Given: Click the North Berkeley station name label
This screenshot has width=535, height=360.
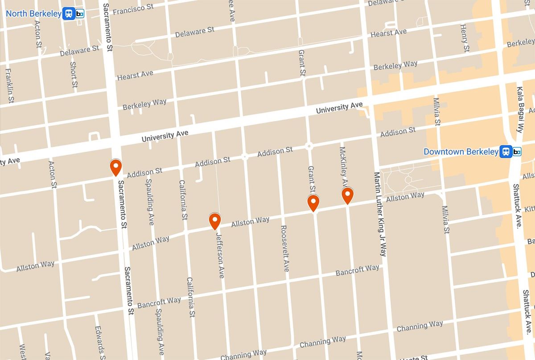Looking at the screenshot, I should point(33,13).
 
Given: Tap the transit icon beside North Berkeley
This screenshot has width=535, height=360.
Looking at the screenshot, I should point(74,13).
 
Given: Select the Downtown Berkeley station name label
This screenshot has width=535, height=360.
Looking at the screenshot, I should point(461,151).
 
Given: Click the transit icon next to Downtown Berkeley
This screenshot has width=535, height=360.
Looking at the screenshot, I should point(511,151).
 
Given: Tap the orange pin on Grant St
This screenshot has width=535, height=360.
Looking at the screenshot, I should point(313,203).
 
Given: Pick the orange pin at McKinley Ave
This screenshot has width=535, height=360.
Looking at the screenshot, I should point(347,196).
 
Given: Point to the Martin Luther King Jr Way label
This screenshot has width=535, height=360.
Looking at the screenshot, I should point(380,214).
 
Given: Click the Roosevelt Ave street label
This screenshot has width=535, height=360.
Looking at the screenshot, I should point(284,248).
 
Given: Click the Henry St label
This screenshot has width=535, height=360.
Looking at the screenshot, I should point(465,38).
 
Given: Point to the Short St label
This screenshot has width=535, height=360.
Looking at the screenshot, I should point(74,74).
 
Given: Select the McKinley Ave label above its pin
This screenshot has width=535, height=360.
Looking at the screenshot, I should point(343,167).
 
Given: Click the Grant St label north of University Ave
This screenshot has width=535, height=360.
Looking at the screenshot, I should point(302,62).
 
